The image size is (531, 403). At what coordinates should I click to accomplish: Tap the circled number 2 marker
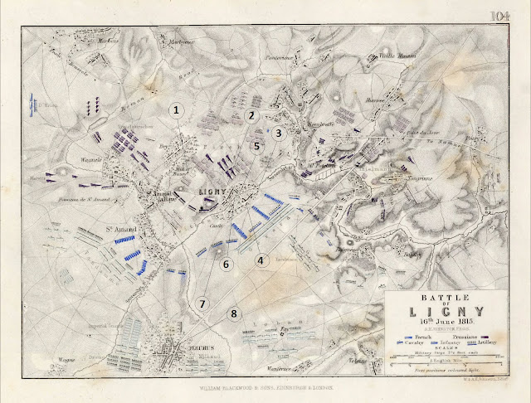pyautogui.click(x=251, y=115)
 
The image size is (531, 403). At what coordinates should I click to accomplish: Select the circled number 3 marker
pyautogui.click(x=280, y=132)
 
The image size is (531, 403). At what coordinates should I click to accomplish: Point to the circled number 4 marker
pyautogui.click(x=261, y=260)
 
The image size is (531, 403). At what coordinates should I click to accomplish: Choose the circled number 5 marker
pyautogui.click(x=257, y=146)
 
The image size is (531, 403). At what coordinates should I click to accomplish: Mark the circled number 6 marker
pyautogui.click(x=226, y=264)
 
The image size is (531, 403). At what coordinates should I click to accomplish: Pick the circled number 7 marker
pyautogui.click(x=202, y=303)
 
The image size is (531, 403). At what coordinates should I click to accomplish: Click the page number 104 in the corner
pyautogui.click(x=500, y=16)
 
